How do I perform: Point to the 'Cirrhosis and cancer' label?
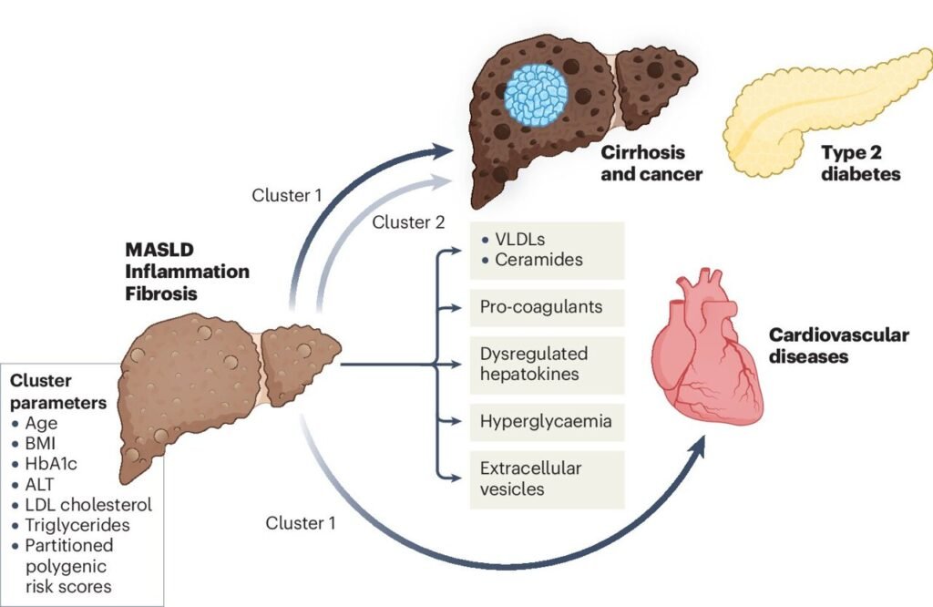[x=650, y=163]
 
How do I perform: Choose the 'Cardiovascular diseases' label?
[x=838, y=345]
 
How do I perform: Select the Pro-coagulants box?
[x=540, y=306]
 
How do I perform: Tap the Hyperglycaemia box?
[x=545, y=422]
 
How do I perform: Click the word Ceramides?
[x=538, y=260]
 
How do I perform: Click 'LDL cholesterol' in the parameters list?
[x=86, y=504]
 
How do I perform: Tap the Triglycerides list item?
[x=77, y=524]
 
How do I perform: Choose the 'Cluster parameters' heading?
[x=56, y=391]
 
